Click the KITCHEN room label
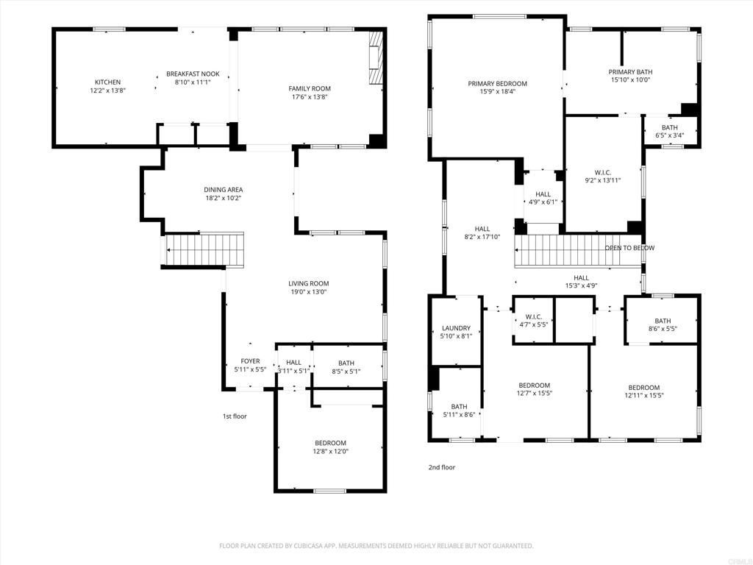[107, 82]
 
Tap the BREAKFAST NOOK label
[193, 74]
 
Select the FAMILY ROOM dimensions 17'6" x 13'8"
[309, 96]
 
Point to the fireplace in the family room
[376, 58]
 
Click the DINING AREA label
[224, 190]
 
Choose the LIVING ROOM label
[308, 283]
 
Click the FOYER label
[250, 361]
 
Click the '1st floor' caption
[235, 416]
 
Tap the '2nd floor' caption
[442, 467]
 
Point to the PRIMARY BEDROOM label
[497, 83]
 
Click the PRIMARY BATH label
[630, 71]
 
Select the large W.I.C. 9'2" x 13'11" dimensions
[602, 180]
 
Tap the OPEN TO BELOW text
[629, 248]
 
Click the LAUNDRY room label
[456, 328]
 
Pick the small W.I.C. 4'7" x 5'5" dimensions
[533, 324]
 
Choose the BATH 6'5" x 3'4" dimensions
[669, 135]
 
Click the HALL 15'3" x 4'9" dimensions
[581, 285]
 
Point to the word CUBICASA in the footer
[341, 546]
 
